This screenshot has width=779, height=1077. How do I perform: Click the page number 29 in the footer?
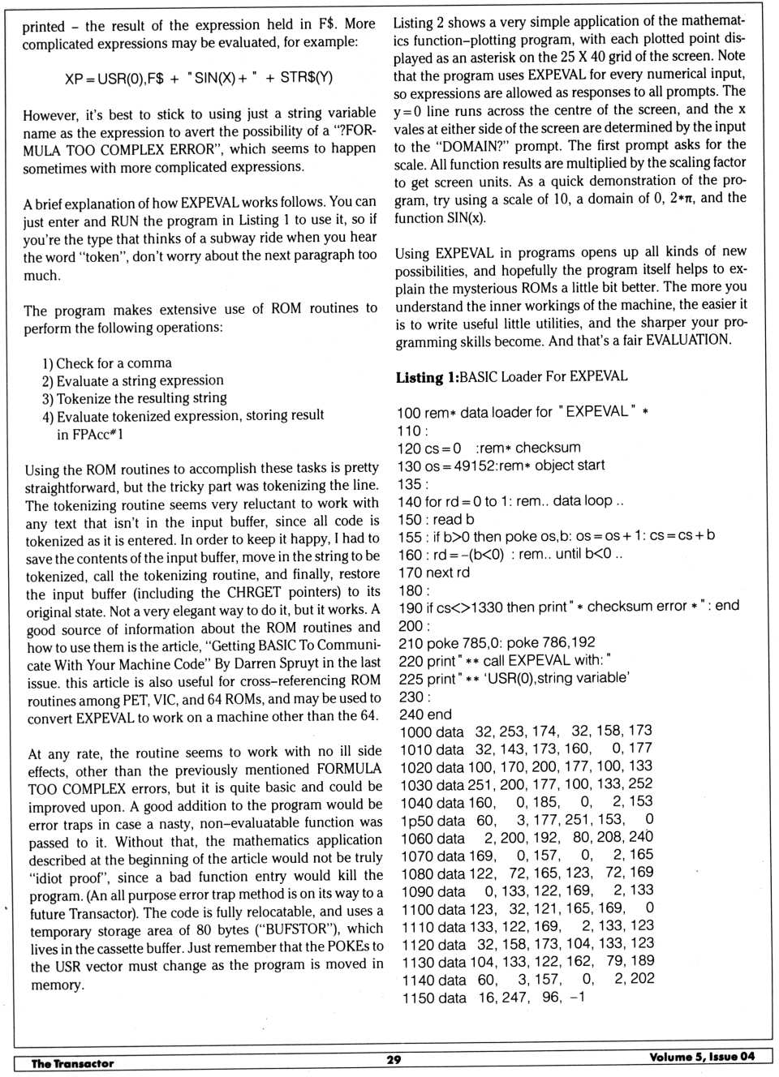(x=394, y=1059)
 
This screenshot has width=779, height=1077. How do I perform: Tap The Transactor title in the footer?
(x=72, y=1063)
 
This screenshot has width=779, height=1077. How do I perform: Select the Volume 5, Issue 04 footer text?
(x=701, y=1057)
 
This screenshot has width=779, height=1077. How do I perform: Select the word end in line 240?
(x=437, y=714)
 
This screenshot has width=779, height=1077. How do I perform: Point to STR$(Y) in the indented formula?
(x=306, y=78)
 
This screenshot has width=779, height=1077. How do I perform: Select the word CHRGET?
(x=253, y=593)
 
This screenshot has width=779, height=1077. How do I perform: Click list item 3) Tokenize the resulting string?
(x=135, y=398)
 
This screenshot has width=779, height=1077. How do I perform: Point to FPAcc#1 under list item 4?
(x=90, y=435)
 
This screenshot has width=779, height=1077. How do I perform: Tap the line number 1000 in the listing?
(x=415, y=732)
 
